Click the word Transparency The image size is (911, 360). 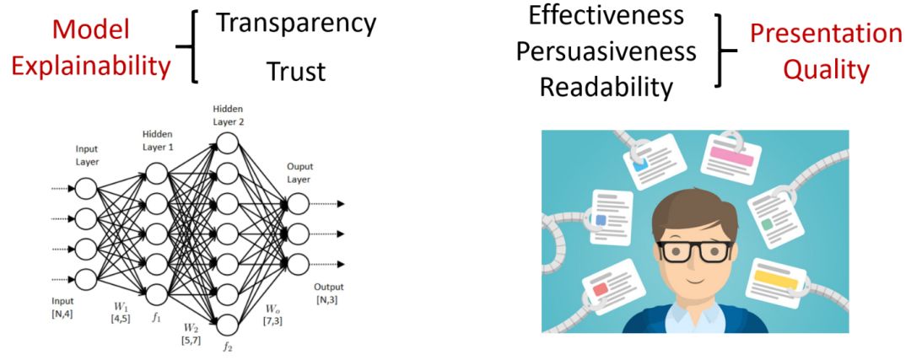[295, 23]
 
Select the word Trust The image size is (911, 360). [295, 72]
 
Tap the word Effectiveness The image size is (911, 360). [607, 16]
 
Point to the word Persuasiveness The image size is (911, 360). [606, 51]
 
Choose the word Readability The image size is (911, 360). [606, 87]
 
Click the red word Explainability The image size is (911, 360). [92, 66]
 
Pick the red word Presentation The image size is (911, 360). [826, 34]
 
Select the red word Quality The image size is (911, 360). [826, 69]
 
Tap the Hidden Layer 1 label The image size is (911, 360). [157, 140]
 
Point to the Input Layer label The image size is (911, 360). [88, 154]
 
